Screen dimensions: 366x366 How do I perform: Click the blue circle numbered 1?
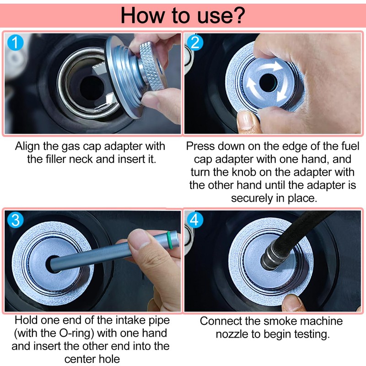point(15,43)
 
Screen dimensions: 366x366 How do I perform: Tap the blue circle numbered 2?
point(195,43)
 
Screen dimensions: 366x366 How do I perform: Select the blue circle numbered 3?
point(15,220)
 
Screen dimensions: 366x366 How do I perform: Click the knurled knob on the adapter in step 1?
point(152,65)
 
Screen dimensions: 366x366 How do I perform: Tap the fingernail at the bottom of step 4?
point(291,301)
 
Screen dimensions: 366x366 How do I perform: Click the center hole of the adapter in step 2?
point(268,82)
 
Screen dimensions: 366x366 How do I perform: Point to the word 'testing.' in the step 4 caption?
point(312,334)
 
